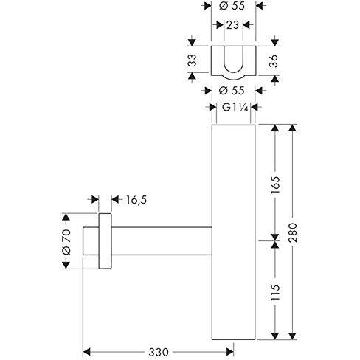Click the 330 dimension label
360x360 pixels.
[159, 353]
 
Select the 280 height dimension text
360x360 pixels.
[293, 232]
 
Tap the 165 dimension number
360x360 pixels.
[275, 185]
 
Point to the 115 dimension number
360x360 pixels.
[275, 292]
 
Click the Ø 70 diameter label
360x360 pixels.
[66, 241]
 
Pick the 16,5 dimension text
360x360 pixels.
[136, 200]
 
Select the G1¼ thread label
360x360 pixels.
[235, 108]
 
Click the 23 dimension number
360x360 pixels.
[232, 25]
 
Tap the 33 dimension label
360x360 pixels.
[193, 60]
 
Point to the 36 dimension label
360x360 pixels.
[274, 61]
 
